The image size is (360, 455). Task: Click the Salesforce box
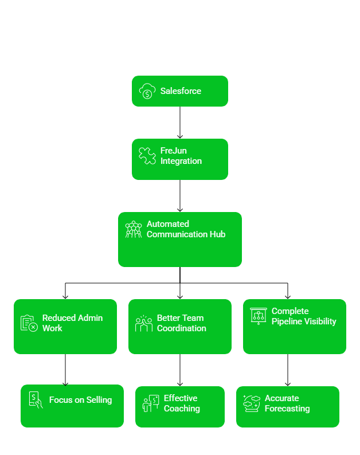(x=179, y=91)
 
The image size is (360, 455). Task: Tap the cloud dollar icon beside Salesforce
(x=147, y=91)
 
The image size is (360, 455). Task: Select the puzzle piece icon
(x=147, y=156)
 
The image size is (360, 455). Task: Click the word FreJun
(x=173, y=151)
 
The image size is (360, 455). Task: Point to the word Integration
(x=181, y=161)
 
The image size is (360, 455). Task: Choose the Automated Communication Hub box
(x=179, y=240)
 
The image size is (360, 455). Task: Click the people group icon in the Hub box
(x=134, y=229)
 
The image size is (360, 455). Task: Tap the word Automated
(x=167, y=224)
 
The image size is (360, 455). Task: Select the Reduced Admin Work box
(x=65, y=327)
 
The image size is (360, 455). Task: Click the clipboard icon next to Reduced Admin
(x=29, y=323)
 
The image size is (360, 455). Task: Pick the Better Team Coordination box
(x=179, y=327)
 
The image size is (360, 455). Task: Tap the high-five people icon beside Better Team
(x=143, y=323)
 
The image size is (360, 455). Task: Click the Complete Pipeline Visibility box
(x=294, y=327)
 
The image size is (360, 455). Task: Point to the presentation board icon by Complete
(x=259, y=316)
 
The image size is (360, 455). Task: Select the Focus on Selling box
(x=72, y=406)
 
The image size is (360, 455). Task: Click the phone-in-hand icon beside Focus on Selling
(x=36, y=400)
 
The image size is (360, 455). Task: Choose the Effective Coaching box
(x=179, y=406)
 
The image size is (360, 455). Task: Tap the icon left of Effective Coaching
(x=151, y=403)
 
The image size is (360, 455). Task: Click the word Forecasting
(x=287, y=409)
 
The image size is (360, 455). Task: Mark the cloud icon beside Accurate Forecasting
(x=252, y=403)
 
